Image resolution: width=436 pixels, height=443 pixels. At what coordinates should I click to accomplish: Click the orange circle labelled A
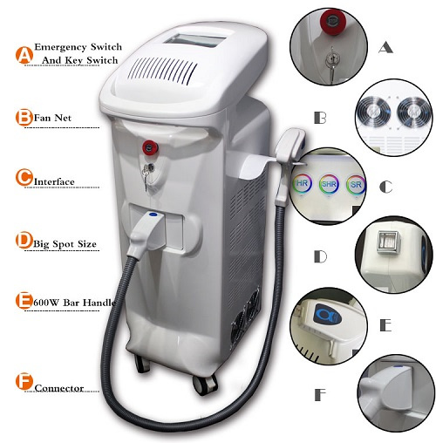pyautogui.click(x=24, y=55)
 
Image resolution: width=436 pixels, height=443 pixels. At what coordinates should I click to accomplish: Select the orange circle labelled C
pyautogui.click(x=24, y=176)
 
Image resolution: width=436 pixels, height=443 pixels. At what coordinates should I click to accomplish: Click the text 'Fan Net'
pyautogui.click(x=52, y=118)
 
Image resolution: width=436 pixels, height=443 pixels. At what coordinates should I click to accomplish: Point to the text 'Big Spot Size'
pyautogui.click(x=65, y=243)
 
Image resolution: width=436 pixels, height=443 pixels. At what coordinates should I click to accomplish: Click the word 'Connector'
pyautogui.click(x=59, y=388)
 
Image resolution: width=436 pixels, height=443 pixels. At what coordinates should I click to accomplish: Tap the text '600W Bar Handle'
pyautogui.click(x=74, y=303)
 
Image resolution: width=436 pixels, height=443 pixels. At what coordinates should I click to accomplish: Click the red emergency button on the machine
pyautogui.click(x=149, y=147)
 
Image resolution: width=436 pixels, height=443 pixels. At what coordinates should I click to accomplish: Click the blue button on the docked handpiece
pyautogui.click(x=153, y=215)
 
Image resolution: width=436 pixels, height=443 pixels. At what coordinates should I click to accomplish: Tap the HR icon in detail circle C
pyautogui.click(x=303, y=184)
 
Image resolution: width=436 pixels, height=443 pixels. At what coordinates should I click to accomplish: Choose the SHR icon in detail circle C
pyautogui.click(x=329, y=184)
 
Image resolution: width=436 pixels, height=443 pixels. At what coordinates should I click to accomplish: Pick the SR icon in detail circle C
pyautogui.click(x=356, y=184)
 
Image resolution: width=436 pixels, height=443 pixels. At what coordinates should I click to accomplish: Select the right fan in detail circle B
pyautogui.click(x=413, y=112)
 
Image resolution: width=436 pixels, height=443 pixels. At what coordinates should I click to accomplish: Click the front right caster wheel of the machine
pyautogui.click(x=204, y=385)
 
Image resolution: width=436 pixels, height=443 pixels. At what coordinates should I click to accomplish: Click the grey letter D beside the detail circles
pyautogui.click(x=321, y=256)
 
